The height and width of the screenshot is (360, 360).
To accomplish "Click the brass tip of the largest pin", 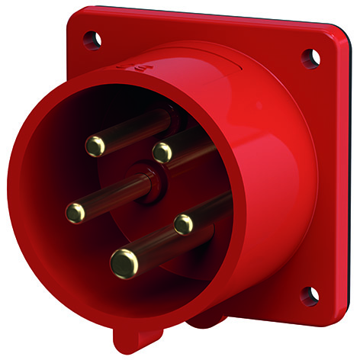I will pyautogui.click(x=124, y=263).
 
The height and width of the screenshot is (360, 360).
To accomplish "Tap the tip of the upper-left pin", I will pyautogui.click(x=95, y=145).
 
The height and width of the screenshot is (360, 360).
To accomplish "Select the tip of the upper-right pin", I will pyautogui.click(x=162, y=153).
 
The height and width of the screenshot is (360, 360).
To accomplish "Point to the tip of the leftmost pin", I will pyautogui.click(x=76, y=212).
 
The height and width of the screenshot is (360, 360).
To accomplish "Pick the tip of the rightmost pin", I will pyautogui.click(x=184, y=224).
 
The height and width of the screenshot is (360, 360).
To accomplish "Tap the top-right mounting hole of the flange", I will pyautogui.click(x=310, y=56).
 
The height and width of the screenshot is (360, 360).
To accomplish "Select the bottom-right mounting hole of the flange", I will pyautogui.click(x=310, y=294).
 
